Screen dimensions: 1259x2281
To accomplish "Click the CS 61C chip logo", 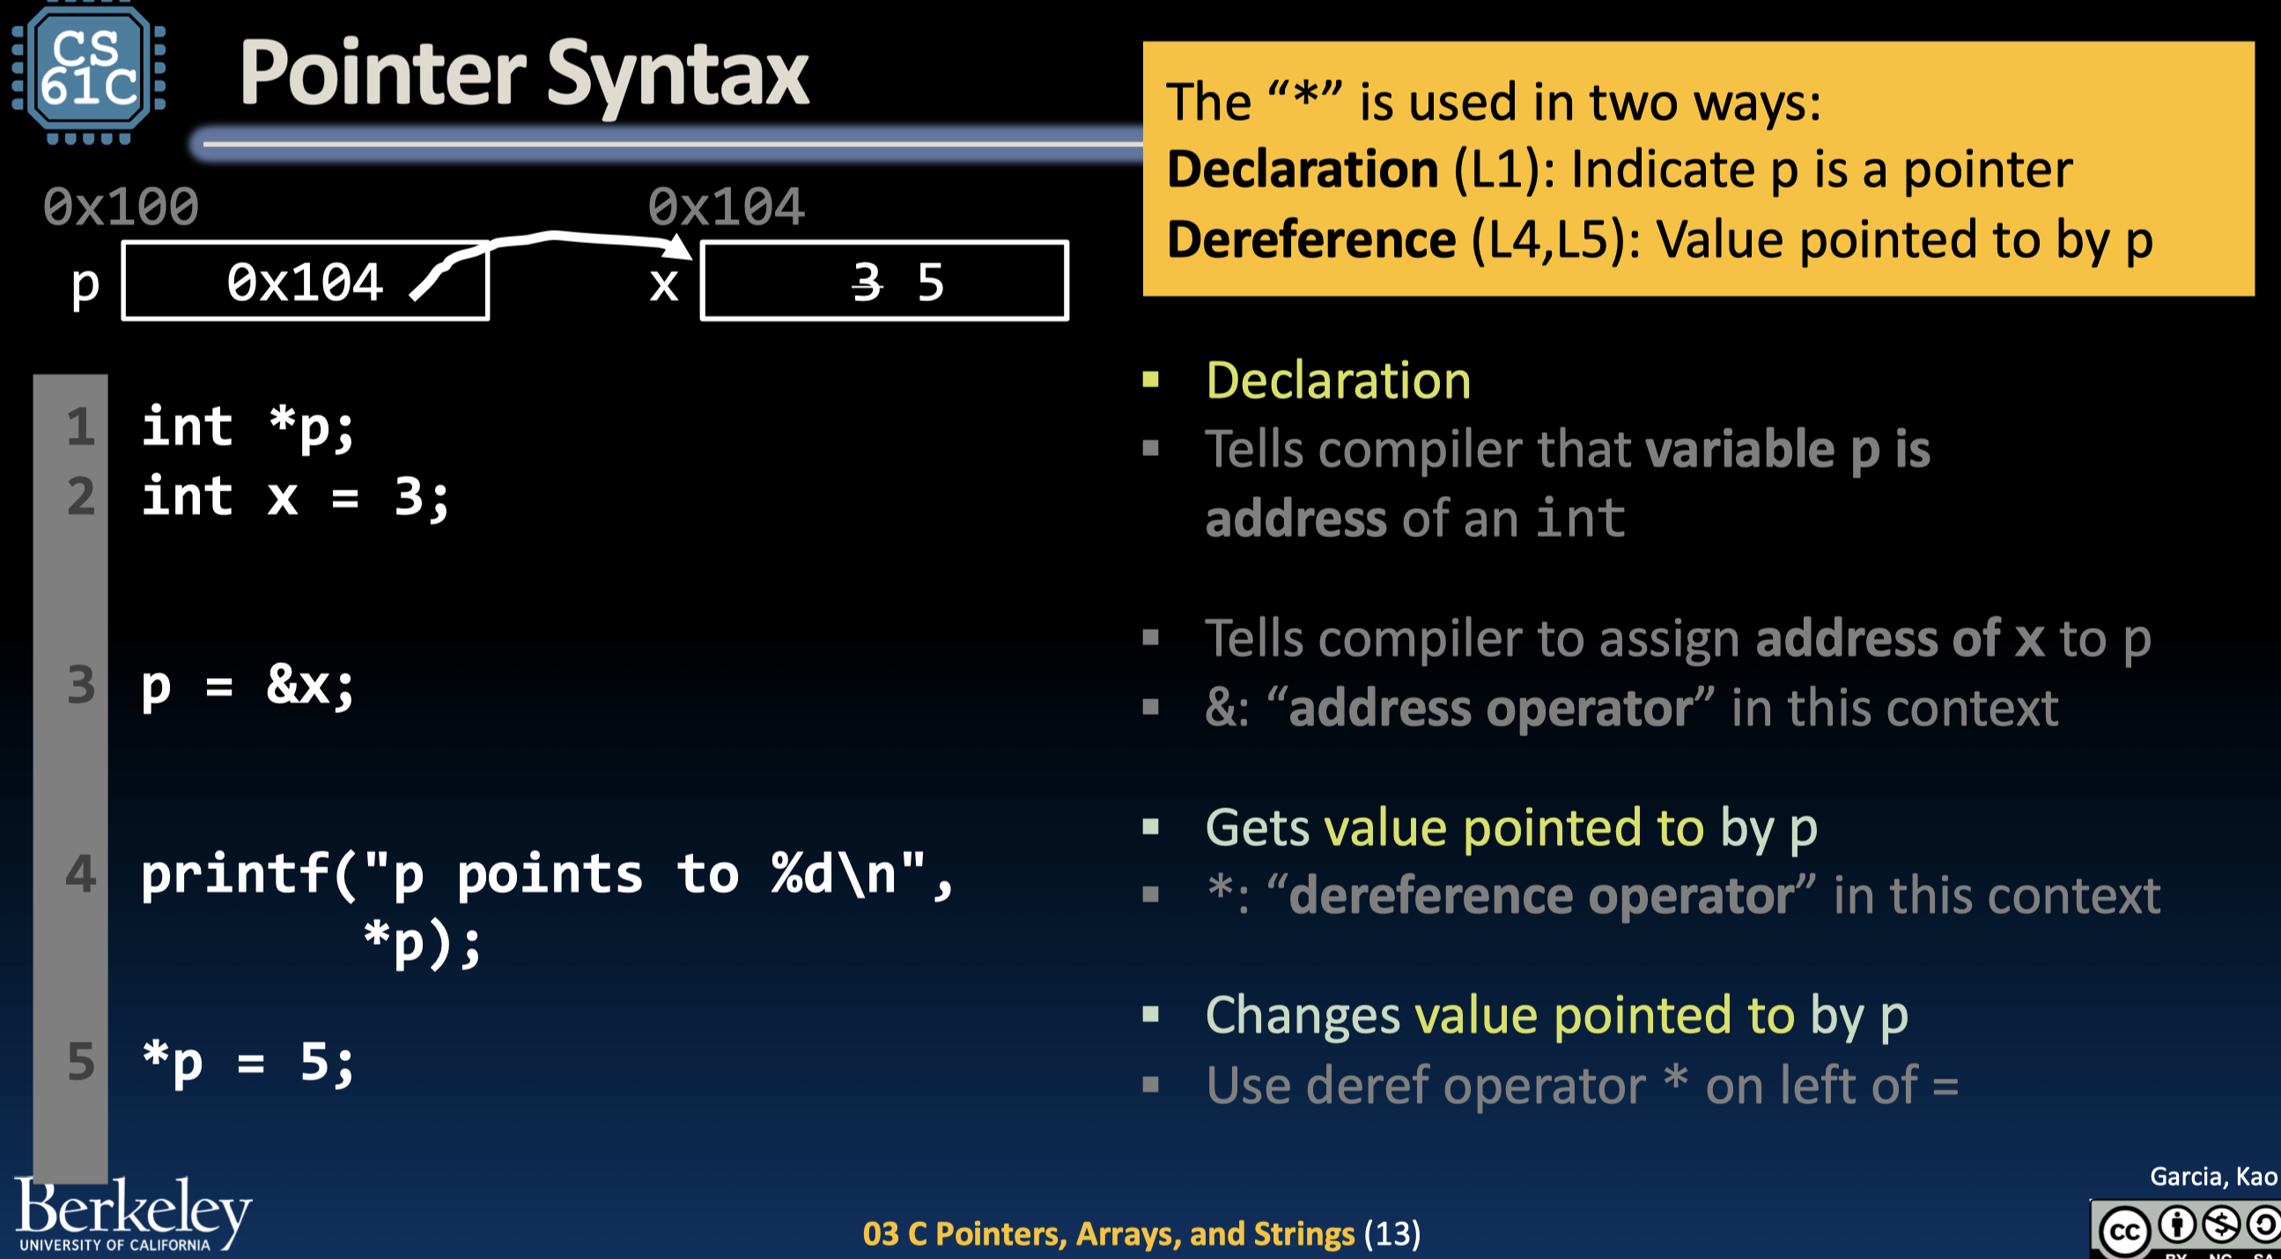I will (x=88, y=70).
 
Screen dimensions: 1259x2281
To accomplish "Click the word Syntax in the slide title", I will (x=677, y=74).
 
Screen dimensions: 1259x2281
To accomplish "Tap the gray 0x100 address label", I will (x=122, y=206).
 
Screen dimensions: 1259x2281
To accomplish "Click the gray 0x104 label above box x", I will (x=726, y=206).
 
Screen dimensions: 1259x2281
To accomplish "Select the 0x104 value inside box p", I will (x=305, y=283).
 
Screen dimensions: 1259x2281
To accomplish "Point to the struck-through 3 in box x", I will (x=867, y=283).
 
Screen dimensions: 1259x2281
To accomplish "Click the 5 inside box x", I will (x=930, y=283).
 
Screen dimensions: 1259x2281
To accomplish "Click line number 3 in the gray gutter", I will (x=80, y=684).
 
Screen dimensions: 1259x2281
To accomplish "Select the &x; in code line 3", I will (x=310, y=684).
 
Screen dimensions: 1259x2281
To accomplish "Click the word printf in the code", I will (x=234, y=874).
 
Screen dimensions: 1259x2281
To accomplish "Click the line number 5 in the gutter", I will (x=80, y=1061).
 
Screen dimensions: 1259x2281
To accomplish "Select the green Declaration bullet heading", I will (x=1337, y=380).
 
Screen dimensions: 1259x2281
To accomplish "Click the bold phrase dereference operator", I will (x=1540, y=895).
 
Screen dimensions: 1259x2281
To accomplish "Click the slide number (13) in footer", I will (x=1392, y=1233).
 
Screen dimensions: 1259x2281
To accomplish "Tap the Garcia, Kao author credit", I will (x=2212, y=1175).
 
